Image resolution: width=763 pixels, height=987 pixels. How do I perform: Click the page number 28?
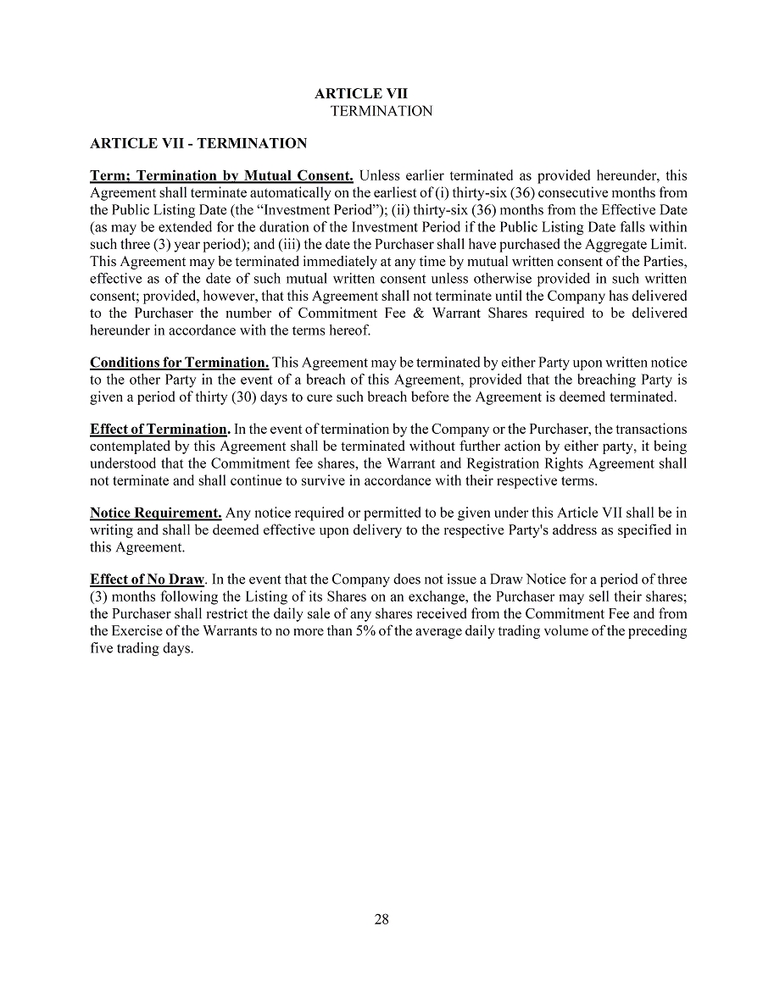point(381,919)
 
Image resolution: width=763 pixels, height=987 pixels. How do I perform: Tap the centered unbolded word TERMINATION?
point(381,111)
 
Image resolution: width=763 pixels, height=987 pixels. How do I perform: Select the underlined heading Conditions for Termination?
point(179,363)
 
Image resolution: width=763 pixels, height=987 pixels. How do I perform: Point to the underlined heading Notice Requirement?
point(156,513)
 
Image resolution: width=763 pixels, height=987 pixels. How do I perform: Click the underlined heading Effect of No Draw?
point(147,579)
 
